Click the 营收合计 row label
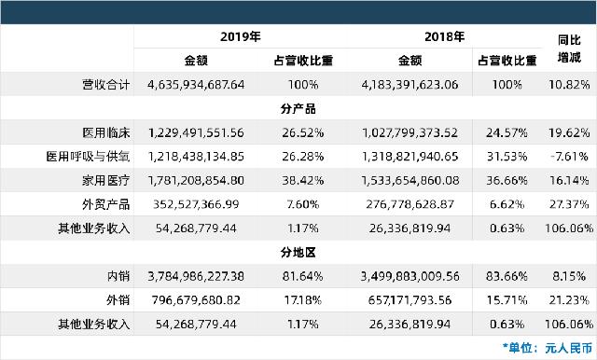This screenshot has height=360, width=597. [104, 84]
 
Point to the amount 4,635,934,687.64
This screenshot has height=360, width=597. [196, 84]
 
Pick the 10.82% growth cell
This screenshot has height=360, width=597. [569, 84]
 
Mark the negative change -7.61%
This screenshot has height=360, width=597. [569, 155]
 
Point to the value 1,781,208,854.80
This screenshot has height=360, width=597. [196, 179]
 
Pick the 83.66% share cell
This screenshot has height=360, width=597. [504, 276]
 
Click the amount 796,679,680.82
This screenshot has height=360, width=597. [196, 299]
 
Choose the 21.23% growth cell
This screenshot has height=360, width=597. [569, 299]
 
